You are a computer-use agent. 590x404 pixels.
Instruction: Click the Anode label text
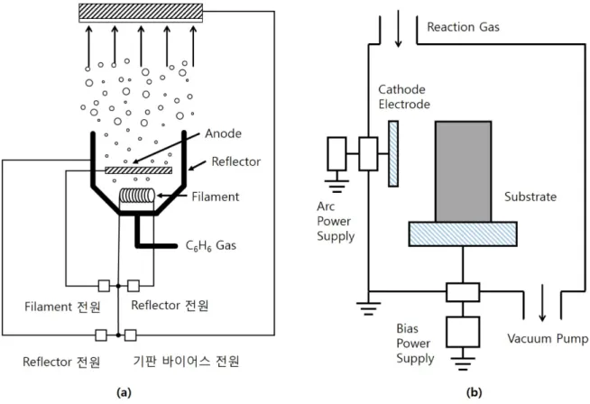223,133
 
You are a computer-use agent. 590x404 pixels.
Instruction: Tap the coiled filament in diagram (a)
137,196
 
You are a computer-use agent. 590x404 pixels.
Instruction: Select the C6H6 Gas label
211,245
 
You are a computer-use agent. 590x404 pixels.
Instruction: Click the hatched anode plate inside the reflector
138,170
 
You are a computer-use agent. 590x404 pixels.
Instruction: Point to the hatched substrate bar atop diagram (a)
141,14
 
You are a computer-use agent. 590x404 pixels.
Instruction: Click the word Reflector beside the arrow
236,161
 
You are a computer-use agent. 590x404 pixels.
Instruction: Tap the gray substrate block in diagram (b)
463,171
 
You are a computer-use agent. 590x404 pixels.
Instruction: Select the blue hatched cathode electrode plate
393,153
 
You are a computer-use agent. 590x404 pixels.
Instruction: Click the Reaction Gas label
463,27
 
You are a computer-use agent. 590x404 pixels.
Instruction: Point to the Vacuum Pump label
548,338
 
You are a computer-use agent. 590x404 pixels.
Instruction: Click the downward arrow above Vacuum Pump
542,303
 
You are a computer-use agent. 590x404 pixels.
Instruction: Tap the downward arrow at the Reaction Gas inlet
398,29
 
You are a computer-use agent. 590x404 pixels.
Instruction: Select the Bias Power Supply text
415,344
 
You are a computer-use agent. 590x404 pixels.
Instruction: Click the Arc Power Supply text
336,221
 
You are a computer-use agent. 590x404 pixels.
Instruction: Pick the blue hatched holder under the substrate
463,234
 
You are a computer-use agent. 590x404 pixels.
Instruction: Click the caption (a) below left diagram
124,393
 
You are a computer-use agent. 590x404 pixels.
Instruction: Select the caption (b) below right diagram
475,393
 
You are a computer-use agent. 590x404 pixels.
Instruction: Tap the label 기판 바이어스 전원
186,362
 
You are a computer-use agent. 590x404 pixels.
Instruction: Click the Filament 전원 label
62,307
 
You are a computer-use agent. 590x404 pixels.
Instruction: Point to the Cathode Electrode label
404,96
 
